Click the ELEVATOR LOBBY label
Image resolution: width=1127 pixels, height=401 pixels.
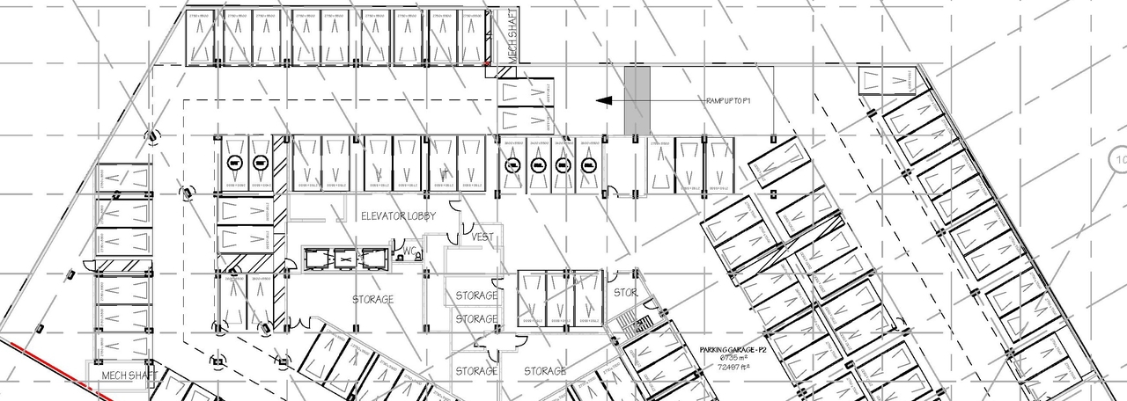(x=398, y=215)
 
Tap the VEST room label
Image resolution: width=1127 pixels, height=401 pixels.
(x=482, y=237)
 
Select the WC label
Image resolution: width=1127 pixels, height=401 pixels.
(x=409, y=252)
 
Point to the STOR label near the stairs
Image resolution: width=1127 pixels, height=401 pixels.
(x=624, y=292)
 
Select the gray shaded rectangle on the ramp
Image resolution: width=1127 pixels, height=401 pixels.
(x=637, y=101)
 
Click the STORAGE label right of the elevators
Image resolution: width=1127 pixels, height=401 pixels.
(x=372, y=300)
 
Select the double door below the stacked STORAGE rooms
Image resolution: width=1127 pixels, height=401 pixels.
(x=490, y=352)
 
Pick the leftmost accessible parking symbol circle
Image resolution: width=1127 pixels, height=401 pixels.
(x=234, y=162)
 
